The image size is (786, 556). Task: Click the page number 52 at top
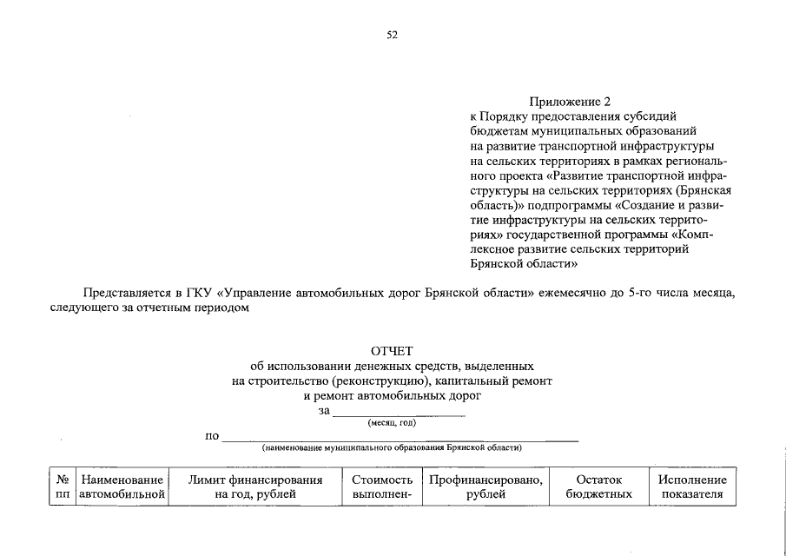point(392,35)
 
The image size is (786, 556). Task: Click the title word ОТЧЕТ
point(392,351)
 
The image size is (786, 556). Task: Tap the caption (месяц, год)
point(392,423)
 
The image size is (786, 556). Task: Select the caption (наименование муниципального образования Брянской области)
point(392,448)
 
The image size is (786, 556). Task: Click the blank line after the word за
point(400,414)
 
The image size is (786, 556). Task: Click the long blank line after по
point(400,440)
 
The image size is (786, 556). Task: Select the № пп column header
point(62,486)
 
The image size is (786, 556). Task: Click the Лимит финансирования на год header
point(255,486)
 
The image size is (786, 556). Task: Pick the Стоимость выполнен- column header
point(381,486)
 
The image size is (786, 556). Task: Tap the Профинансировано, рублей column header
point(486,486)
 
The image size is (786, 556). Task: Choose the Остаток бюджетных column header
point(599,486)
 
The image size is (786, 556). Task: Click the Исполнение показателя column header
point(692,486)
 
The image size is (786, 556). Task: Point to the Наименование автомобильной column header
point(122,486)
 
